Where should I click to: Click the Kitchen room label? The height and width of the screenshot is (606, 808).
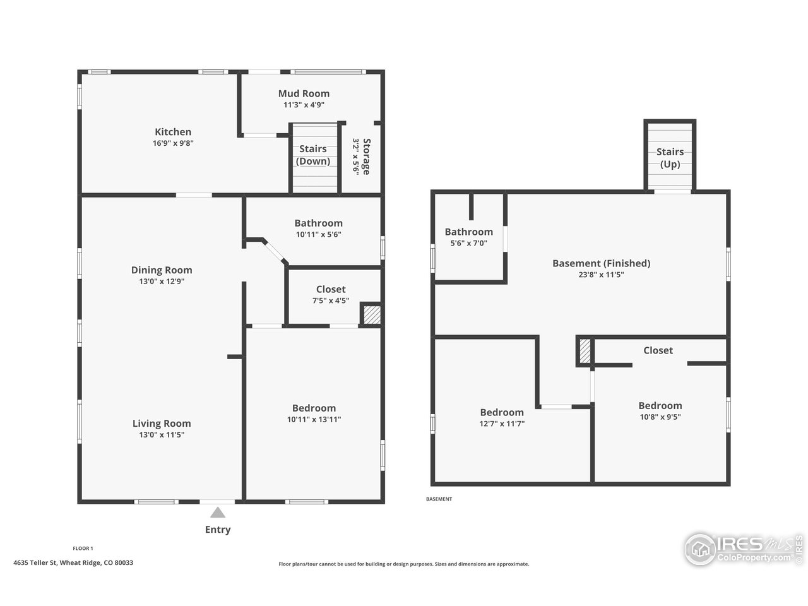pos(173,132)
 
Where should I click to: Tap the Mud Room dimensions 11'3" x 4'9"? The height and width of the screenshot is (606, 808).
pos(304,105)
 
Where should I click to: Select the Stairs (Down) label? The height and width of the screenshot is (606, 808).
pos(313,155)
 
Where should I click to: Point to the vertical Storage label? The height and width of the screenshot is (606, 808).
pos(361,157)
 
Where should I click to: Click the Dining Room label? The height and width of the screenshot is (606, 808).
pos(162,270)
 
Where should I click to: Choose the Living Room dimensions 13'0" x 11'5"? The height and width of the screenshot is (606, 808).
pos(162,435)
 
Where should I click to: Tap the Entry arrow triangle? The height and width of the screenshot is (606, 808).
pos(218,513)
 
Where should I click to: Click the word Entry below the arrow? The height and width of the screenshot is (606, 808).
pos(218,530)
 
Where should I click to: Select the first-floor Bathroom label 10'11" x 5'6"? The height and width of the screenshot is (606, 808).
pos(318,223)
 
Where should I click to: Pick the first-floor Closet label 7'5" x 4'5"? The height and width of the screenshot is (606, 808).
pos(331,289)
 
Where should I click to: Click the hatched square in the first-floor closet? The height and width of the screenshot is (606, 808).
pos(371,315)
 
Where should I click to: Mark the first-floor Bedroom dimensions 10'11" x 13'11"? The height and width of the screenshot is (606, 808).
pos(314,419)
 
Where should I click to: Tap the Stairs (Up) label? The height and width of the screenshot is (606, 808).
pos(670,158)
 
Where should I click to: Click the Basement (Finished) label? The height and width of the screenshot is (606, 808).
pos(601,263)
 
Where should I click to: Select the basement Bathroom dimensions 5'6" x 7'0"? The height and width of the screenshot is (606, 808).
pos(468,243)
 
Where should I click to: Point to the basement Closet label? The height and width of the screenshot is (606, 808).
pos(658,350)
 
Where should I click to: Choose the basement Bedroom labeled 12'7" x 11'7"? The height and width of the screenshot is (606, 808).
pos(502,412)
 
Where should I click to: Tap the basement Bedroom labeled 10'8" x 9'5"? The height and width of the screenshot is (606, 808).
pos(660,406)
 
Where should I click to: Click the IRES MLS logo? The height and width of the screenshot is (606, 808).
pos(743,548)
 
